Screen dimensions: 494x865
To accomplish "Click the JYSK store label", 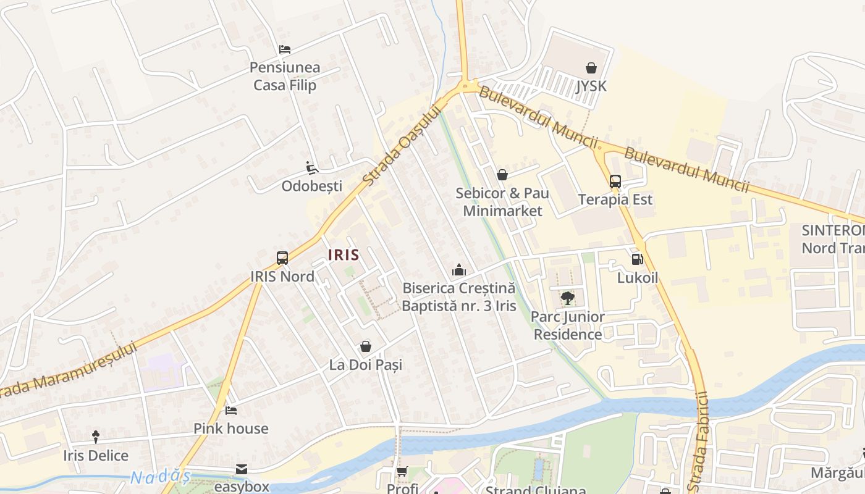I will [591, 86].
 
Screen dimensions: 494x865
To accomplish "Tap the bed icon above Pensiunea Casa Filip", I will [284, 49].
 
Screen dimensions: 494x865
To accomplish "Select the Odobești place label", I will [312, 186].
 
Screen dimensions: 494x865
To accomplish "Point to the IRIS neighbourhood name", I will [344, 254].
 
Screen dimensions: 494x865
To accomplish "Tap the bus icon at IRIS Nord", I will [282, 258].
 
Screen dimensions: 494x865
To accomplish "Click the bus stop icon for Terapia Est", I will [615, 182].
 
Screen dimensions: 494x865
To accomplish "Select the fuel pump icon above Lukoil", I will [637, 259].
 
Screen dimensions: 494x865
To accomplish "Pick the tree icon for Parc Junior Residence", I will [567, 298].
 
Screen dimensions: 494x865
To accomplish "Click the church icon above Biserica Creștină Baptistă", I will [458, 270].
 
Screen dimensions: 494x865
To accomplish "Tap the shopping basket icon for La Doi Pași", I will [366, 346].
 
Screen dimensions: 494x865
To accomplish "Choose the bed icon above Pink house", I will [230, 410].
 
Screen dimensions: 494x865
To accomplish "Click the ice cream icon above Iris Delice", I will [96, 437].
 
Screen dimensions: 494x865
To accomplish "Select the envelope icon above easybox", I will [242, 469].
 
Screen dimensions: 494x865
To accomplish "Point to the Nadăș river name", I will [160, 477].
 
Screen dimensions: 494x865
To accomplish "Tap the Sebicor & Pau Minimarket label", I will [502, 202].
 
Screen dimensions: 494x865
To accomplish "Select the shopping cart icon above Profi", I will [402, 472].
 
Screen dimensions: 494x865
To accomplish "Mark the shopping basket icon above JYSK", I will [591, 68].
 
